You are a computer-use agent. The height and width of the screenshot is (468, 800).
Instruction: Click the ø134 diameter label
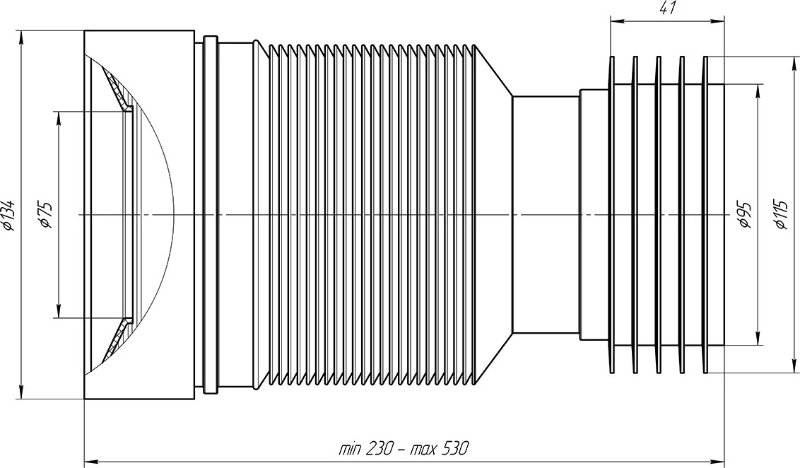10,215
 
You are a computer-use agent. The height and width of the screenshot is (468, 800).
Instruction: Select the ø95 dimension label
746,215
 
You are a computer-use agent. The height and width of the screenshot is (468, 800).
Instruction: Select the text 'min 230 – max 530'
403,449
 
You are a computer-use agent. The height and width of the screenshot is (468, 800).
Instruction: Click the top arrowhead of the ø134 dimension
20,37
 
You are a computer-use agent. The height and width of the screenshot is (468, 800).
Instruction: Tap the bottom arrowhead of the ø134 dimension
20,391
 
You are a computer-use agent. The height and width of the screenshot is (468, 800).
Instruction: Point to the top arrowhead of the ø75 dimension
59,118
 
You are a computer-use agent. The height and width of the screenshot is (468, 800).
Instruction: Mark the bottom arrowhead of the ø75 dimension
59,311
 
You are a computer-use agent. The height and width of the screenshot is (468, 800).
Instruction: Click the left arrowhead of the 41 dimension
618,21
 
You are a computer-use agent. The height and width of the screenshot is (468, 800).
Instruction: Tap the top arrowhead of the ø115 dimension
794,64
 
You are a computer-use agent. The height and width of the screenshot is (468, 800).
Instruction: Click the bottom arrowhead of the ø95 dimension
758,339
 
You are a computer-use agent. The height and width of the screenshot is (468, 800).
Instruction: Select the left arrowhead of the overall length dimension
91,460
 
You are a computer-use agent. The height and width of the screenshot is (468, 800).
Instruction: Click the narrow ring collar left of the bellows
211,214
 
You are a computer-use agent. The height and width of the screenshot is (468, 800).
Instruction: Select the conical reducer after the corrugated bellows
494,214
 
